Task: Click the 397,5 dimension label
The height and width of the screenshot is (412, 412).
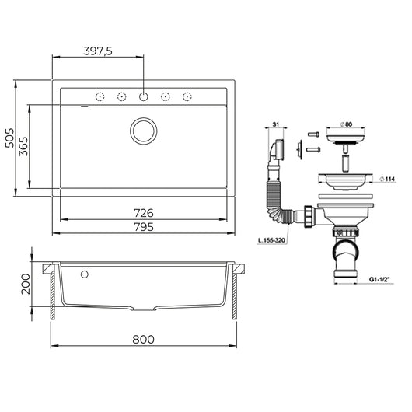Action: tap(98, 51)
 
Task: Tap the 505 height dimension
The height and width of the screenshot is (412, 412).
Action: tap(10, 138)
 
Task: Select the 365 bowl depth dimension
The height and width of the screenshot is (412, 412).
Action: tap(23, 146)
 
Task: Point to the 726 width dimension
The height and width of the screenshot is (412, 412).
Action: tap(144, 213)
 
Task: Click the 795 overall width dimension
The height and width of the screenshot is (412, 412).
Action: tap(144, 227)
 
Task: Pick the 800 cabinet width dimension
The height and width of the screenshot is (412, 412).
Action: tap(144, 339)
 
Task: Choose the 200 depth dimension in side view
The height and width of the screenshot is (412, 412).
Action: tap(26, 284)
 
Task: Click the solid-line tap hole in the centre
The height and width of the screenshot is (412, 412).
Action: tap(144, 96)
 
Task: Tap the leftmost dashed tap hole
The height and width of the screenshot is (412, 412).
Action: tap(100, 96)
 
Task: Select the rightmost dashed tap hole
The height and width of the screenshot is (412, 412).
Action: tap(187, 96)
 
